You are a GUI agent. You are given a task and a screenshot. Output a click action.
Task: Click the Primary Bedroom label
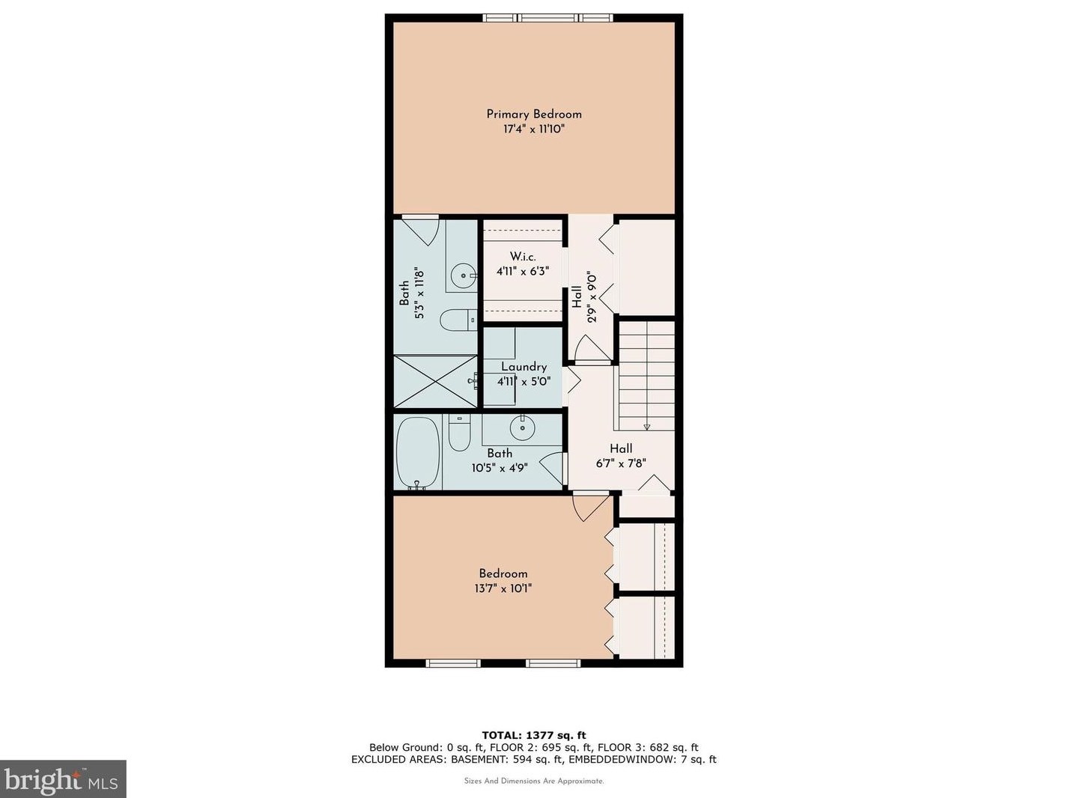pyautogui.click(x=534, y=115)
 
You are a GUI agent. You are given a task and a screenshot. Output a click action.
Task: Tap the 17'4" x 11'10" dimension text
pyautogui.click(x=534, y=130)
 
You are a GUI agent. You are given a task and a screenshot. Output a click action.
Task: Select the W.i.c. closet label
pyautogui.click(x=523, y=256)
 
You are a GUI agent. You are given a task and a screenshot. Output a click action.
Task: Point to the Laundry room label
pyautogui.click(x=524, y=367)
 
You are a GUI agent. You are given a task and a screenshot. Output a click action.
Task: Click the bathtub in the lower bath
pyautogui.click(x=417, y=453)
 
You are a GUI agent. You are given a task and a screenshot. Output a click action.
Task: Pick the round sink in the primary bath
pyautogui.click(x=464, y=275)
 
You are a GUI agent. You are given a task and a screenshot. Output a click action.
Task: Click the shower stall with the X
pyautogui.click(x=435, y=381)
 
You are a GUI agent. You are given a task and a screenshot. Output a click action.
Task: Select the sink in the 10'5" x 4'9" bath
pyautogui.click(x=522, y=428)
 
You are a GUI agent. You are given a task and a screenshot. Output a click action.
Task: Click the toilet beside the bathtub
pyautogui.click(x=459, y=433)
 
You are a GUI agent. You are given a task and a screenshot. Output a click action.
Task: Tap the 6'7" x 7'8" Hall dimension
pyautogui.click(x=621, y=463)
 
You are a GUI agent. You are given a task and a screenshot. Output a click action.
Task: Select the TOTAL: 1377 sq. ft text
pyautogui.click(x=534, y=735)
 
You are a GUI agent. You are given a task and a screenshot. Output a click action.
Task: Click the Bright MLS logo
pyautogui.click(x=63, y=779)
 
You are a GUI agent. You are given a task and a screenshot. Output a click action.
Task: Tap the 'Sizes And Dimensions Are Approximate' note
pyautogui.click(x=534, y=781)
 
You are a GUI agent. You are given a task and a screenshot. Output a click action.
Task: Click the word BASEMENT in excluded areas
pyautogui.click(x=476, y=759)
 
